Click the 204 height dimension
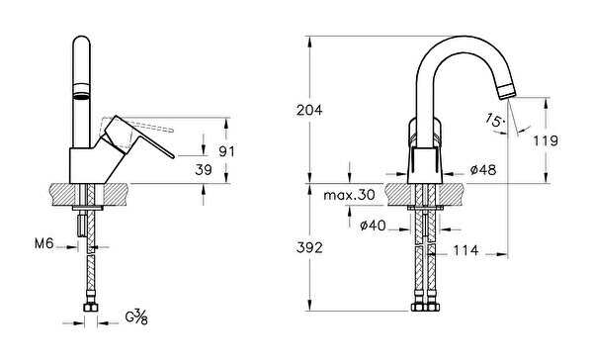point(309,111)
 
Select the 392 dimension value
point(309,248)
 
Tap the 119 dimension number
point(546,140)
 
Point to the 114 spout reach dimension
point(466,250)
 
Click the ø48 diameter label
point(483,170)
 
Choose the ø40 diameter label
point(373,226)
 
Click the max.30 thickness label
point(349,195)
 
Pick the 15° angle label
point(495,120)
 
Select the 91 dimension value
point(226,151)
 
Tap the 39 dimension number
point(204,170)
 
